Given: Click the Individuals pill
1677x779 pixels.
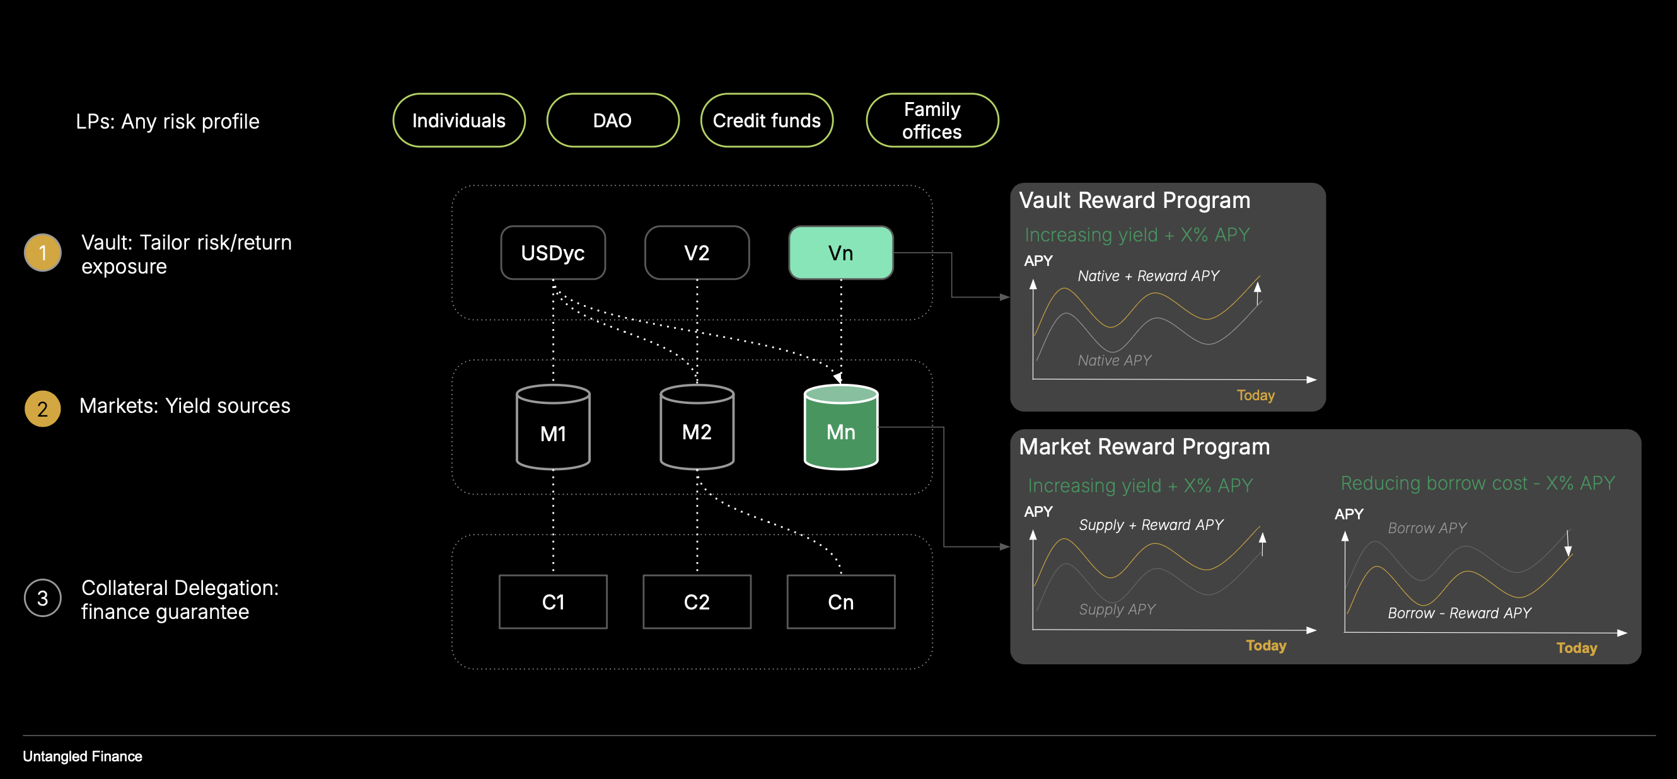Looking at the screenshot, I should [x=459, y=120].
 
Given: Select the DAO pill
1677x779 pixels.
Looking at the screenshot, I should [x=613, y=120].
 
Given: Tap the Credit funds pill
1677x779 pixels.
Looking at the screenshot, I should [x=766, y=120].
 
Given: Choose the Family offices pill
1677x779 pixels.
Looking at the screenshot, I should [x=932, y=120].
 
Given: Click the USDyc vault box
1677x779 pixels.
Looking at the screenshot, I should [x=553, y=253].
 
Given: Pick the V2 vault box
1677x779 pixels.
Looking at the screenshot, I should [x=697, y=253].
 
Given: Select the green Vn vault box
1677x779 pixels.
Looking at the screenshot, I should [x=840, y=253].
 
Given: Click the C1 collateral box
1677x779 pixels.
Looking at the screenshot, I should [x=553, y=602].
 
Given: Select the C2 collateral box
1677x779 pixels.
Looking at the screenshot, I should [x=697, y=602].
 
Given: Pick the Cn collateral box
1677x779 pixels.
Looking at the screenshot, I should [x=840, y=602].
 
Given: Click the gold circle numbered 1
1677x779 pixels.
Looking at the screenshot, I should [x=42, y=253].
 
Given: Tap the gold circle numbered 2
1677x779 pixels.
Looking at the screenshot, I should [x=42, y=408].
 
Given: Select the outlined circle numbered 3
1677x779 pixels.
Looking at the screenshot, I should [x=42, y=598].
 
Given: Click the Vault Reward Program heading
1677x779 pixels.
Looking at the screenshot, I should [x=1134, y=200].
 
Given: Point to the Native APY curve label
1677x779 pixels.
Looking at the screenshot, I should [x=1114, y=361].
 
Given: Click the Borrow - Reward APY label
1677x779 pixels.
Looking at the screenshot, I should [x=1459, y=613].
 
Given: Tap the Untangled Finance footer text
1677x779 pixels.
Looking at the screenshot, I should [x=83, y=756].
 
